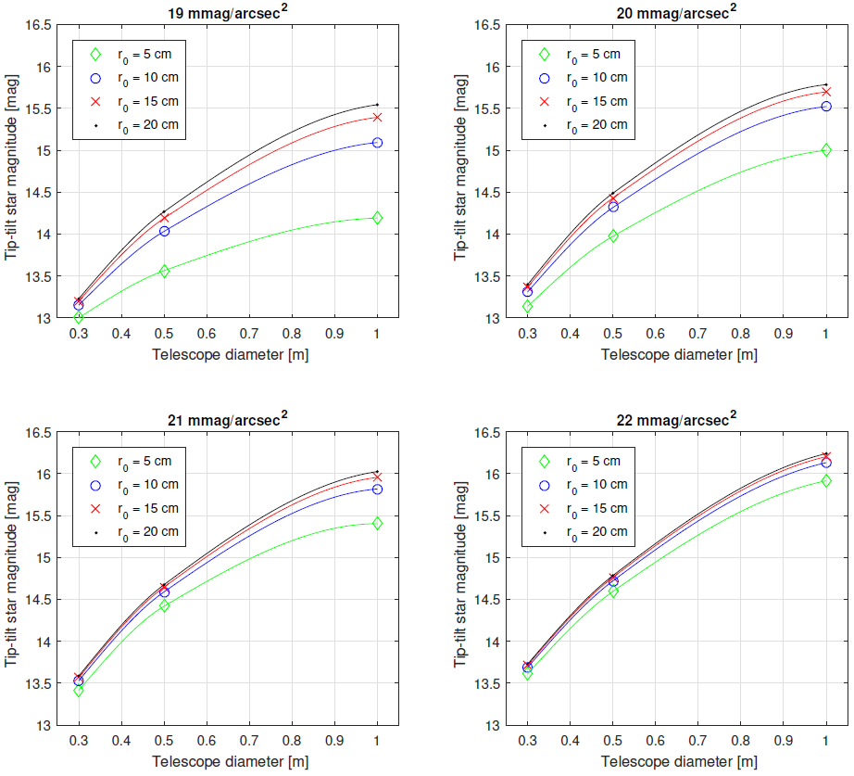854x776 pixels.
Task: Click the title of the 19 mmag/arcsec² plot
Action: coord(227,11)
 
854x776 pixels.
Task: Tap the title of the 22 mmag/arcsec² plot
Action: coord(677,419)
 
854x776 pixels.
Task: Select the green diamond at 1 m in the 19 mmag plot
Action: coord(377,218)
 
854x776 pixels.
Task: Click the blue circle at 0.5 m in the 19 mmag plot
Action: coord(164,231)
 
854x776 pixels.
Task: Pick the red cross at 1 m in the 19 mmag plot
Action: coord(377,117)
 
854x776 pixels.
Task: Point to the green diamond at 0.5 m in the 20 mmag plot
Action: coord(613,236)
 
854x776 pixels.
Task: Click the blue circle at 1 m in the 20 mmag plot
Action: coord(826,107)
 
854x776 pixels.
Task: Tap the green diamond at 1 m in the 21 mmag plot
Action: coord(377,523)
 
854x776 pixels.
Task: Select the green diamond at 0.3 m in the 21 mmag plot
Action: coord(79,690)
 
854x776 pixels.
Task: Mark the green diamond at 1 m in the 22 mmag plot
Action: coord(826,480)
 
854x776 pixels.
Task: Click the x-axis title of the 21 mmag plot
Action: coord(229,761)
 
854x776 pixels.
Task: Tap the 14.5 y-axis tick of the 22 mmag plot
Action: coord(492,599)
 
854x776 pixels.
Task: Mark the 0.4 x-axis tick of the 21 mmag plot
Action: coord(121,743)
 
